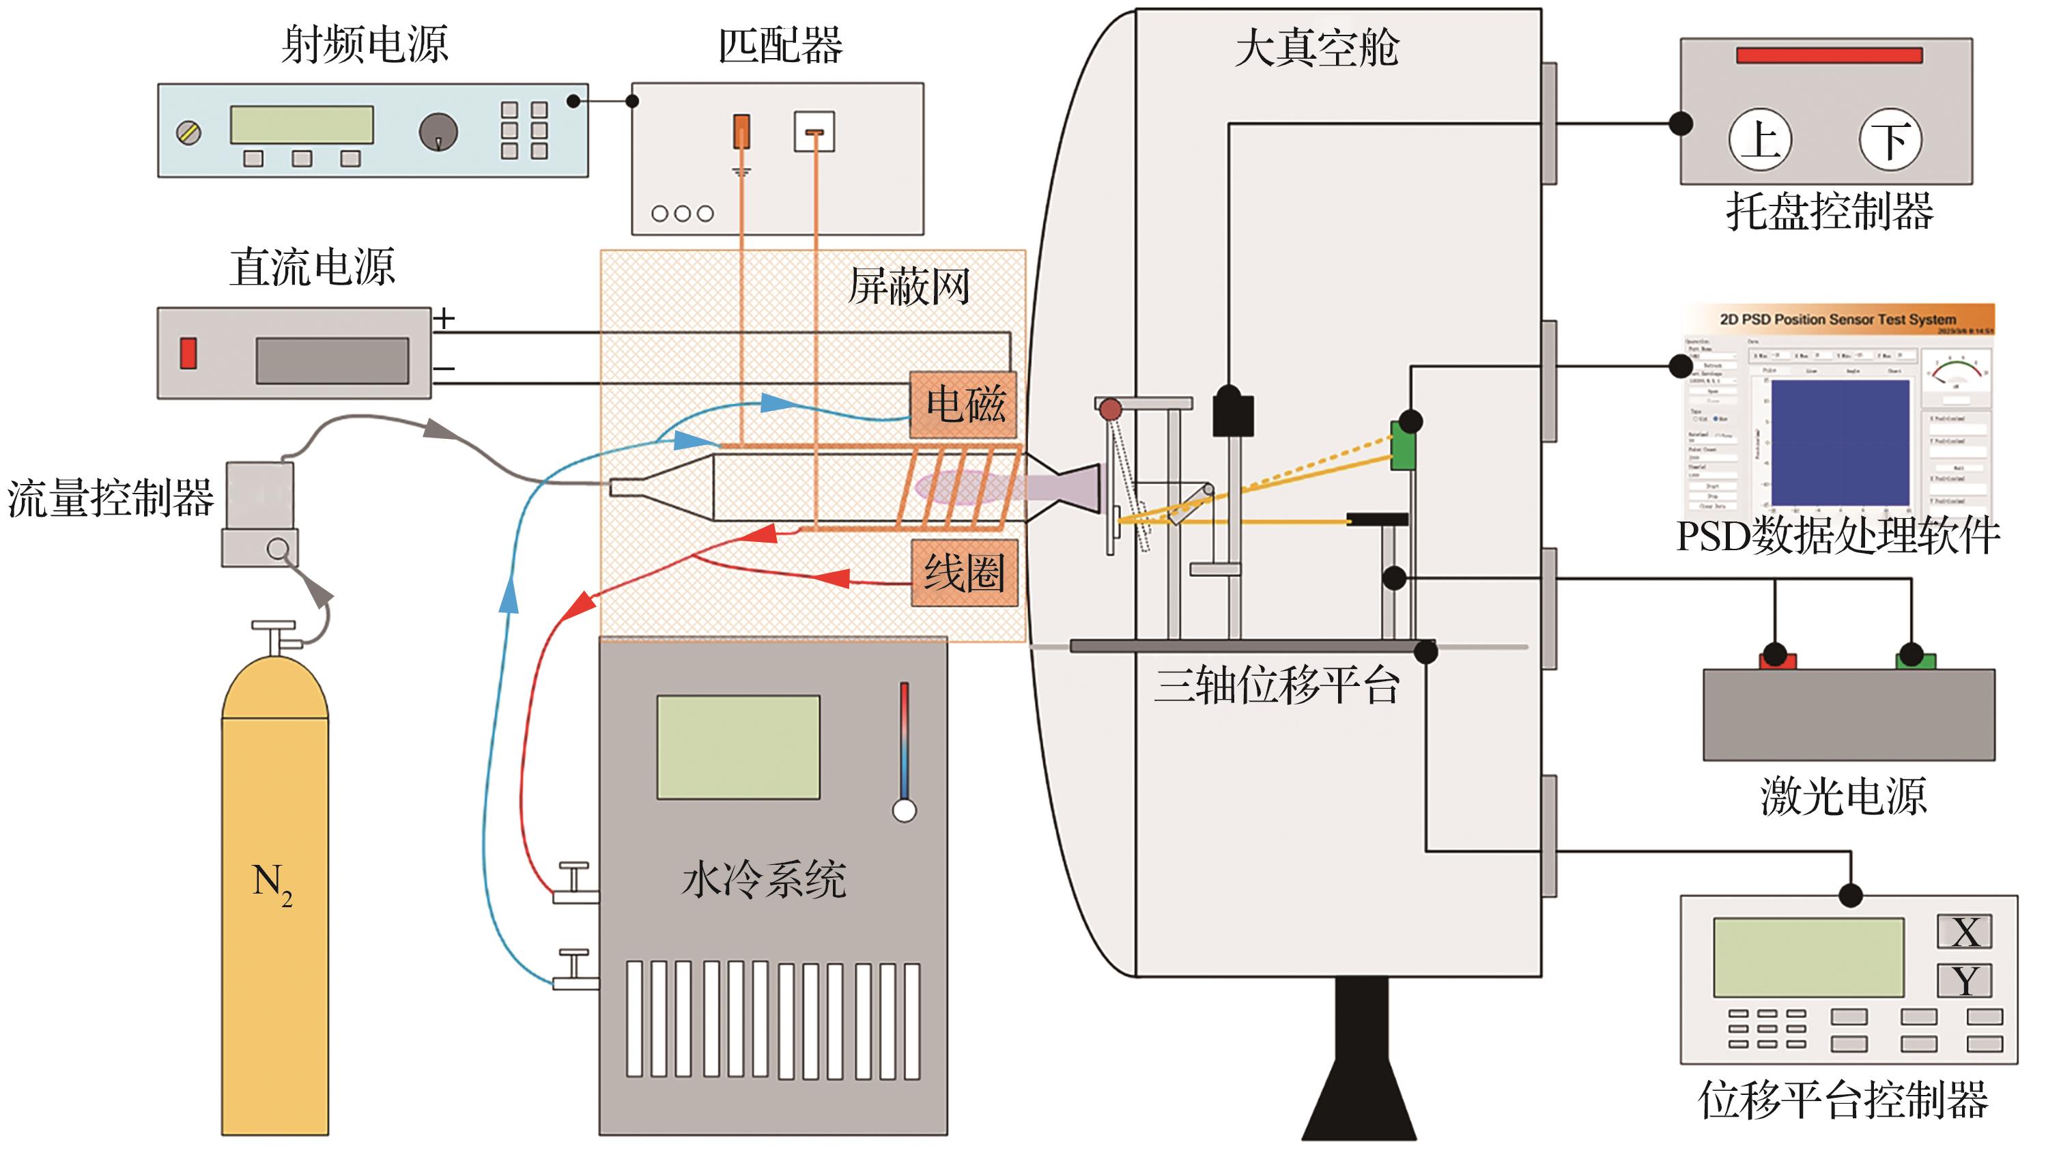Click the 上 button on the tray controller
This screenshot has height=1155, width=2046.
tap(1759, 141)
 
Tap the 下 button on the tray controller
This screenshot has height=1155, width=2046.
tap(1890, 141)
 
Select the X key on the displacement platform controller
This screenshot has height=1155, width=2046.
tap(1964, 932)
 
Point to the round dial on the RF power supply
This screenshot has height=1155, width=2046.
tap(438, 132)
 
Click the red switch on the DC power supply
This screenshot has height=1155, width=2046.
tap(188, 353)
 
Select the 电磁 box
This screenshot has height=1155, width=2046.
tap(963, 403)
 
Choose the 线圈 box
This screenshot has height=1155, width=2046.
tap(963, 573)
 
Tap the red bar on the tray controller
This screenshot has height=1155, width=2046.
tap(1828, 55)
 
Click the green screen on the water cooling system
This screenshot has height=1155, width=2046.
tap(738, 747)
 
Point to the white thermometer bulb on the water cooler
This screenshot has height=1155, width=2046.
tap(904, 811)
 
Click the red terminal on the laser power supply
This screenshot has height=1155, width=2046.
tap(1778, 659)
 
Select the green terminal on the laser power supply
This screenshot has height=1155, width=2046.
tap(1914, 659)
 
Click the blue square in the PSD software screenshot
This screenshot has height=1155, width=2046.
tap(1840, 442)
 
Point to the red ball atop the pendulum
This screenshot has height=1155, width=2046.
tap(1109, 410)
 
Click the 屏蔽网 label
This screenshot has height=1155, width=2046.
tap(909, 287)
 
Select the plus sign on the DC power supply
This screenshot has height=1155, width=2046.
tap(444, 319)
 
